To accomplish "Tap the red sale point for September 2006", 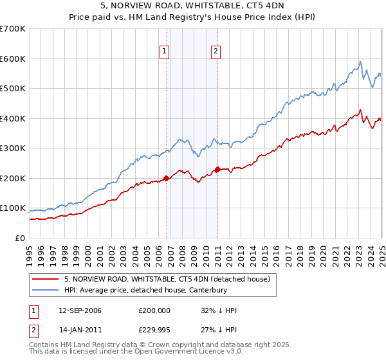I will tap(167, 178).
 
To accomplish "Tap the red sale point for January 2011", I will tap(217, 169).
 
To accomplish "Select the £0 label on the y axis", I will tap(21, 238).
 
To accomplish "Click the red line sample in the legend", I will tap(46, 279).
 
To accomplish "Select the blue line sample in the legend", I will tap(46, 290).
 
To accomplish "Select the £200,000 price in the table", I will tap(154, 310).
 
